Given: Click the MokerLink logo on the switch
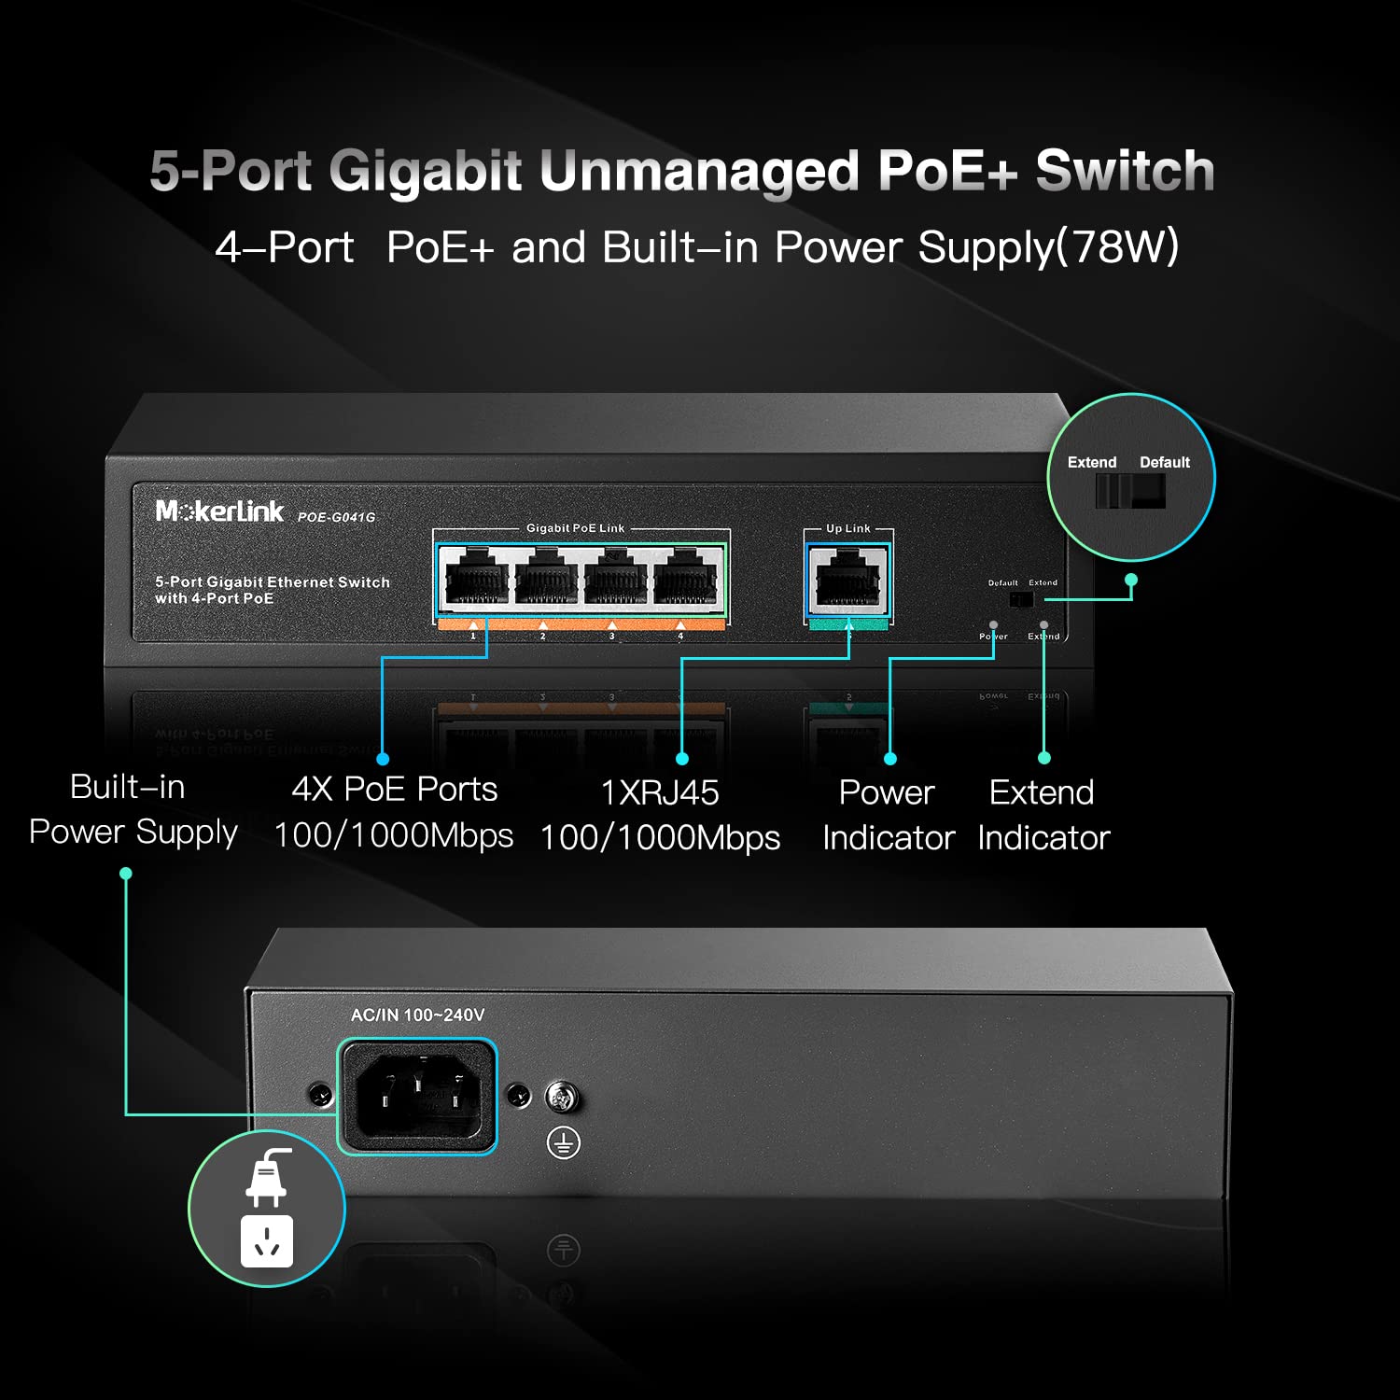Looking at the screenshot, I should point(219,511).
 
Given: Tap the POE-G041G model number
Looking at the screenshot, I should point(336,517).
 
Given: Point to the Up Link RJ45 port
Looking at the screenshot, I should point(847,581).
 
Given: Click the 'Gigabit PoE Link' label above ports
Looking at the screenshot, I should point(575,528).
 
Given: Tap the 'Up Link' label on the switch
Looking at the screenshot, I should point(847,528).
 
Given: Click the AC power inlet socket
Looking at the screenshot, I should point(417,1096).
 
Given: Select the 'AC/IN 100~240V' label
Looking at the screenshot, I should point(417,1015).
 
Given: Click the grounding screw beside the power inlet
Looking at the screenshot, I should point(562,1098).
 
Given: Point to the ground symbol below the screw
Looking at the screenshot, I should point(563,1142).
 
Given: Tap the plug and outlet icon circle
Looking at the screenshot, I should point(267,1209).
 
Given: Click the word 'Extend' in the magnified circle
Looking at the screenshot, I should point(1092,463).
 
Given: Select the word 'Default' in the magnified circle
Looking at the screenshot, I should point(1165,463).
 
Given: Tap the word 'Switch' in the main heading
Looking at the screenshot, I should point(1125,171).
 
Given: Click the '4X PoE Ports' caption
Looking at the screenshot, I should point(394,790).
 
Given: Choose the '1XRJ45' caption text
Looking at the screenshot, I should point(660,793).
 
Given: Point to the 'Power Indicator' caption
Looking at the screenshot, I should point(888,815).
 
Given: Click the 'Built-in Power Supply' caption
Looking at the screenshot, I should point(133,809).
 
